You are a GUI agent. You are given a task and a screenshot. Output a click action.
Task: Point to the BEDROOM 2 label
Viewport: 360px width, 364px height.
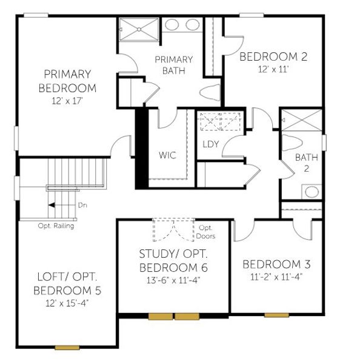point(273,57)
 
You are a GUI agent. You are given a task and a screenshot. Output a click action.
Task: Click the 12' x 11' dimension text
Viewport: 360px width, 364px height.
point(273,70)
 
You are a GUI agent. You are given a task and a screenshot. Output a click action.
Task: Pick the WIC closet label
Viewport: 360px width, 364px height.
point(167,155)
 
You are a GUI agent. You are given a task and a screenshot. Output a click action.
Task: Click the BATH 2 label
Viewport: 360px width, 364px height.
point(302,163)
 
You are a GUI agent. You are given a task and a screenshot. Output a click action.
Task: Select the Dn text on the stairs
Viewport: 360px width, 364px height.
point(82,205)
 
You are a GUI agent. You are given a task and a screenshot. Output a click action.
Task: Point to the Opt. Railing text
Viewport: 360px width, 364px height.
point(56,226)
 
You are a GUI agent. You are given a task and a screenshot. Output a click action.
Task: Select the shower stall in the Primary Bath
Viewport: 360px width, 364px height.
point(138,29)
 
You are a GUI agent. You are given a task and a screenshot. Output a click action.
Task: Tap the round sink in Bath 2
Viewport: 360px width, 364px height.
point(312,192)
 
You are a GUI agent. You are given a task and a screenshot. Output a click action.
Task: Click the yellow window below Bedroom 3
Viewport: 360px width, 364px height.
point(276,315)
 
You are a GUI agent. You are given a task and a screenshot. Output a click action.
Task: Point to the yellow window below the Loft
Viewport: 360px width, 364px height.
point(67,348)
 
